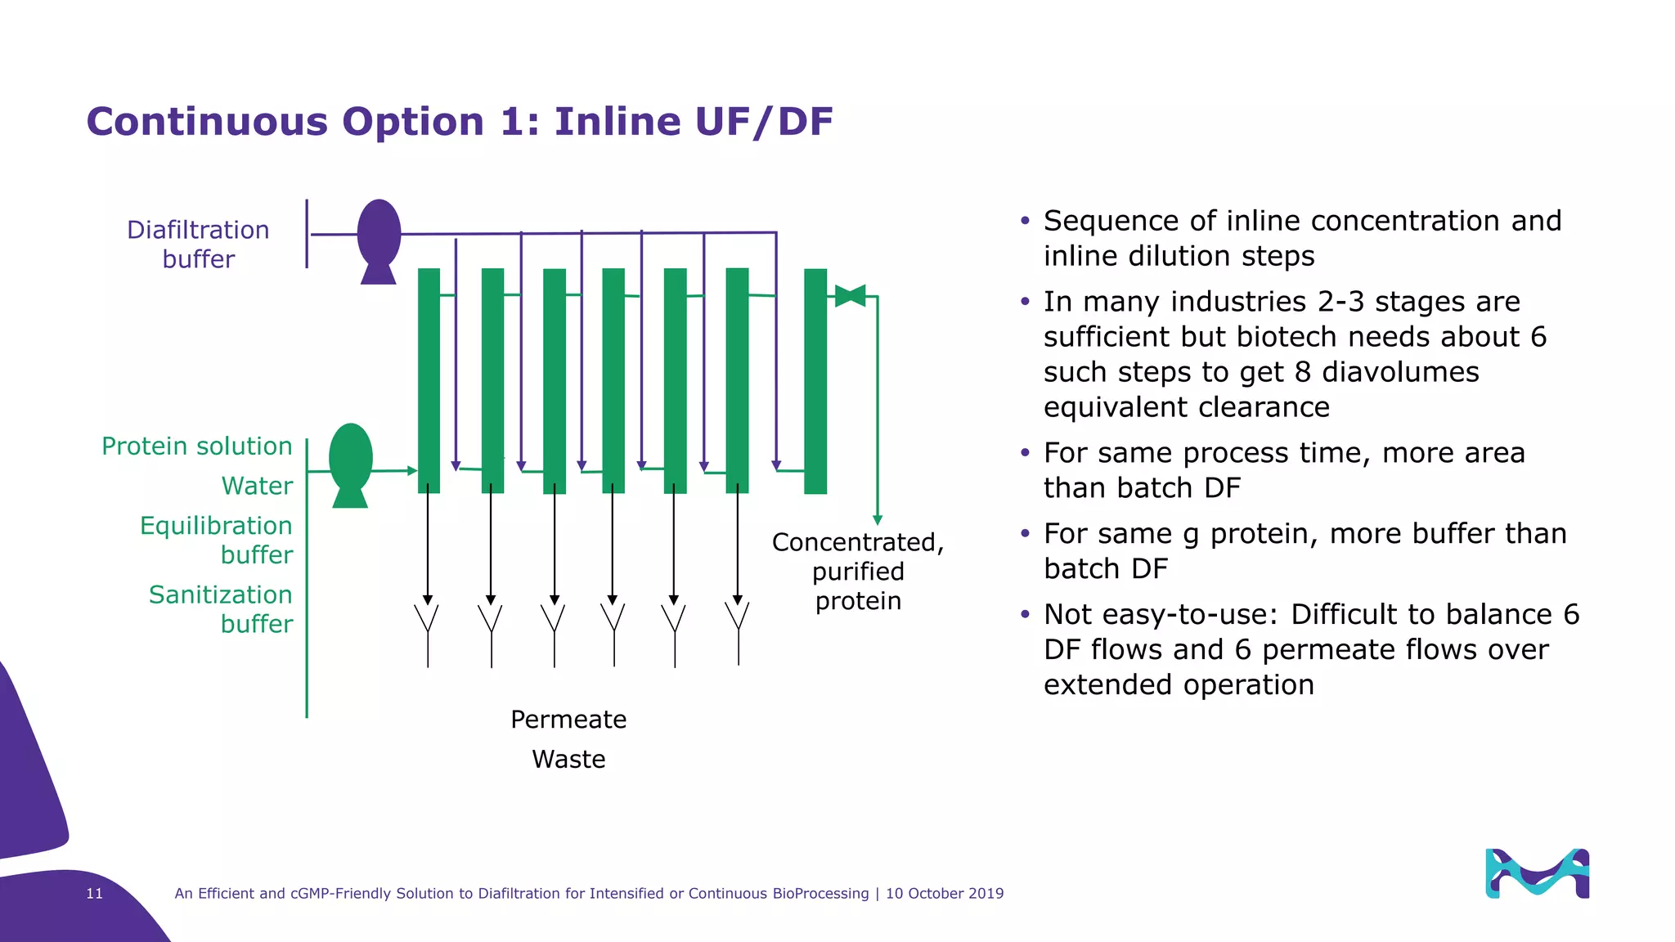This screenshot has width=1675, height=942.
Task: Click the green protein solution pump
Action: (x=351, y=463)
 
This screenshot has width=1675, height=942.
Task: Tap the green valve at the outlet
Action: (x=850, y=296)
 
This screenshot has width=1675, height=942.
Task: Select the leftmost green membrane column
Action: (x=429, y=380)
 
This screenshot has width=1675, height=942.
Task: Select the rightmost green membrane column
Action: (x=815, y=380)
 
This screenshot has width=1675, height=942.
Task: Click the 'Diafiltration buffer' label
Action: (x=198, y=244)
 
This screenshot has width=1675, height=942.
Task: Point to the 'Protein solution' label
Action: (x=196, y=446)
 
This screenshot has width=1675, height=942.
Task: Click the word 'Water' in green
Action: (x=257, y=486)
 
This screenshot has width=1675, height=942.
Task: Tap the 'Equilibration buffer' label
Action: (x=217, y=540)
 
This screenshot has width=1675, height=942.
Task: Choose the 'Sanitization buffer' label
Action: (x=221, y=609)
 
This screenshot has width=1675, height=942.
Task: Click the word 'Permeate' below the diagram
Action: (x=568, y=720)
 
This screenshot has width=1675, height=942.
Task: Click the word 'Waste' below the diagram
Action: (x=568, y=760)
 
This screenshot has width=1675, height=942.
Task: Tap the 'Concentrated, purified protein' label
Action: (x=858, y=572)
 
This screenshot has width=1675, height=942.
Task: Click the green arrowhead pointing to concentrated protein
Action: (x=878, y=520)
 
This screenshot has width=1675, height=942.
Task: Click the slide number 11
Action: (x=95, y=894)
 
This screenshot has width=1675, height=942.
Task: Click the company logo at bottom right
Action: (x=1537, y=873)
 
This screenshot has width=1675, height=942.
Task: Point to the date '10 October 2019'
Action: (x=945, y=894)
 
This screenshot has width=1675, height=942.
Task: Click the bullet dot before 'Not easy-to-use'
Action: (x=1025, y=614)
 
